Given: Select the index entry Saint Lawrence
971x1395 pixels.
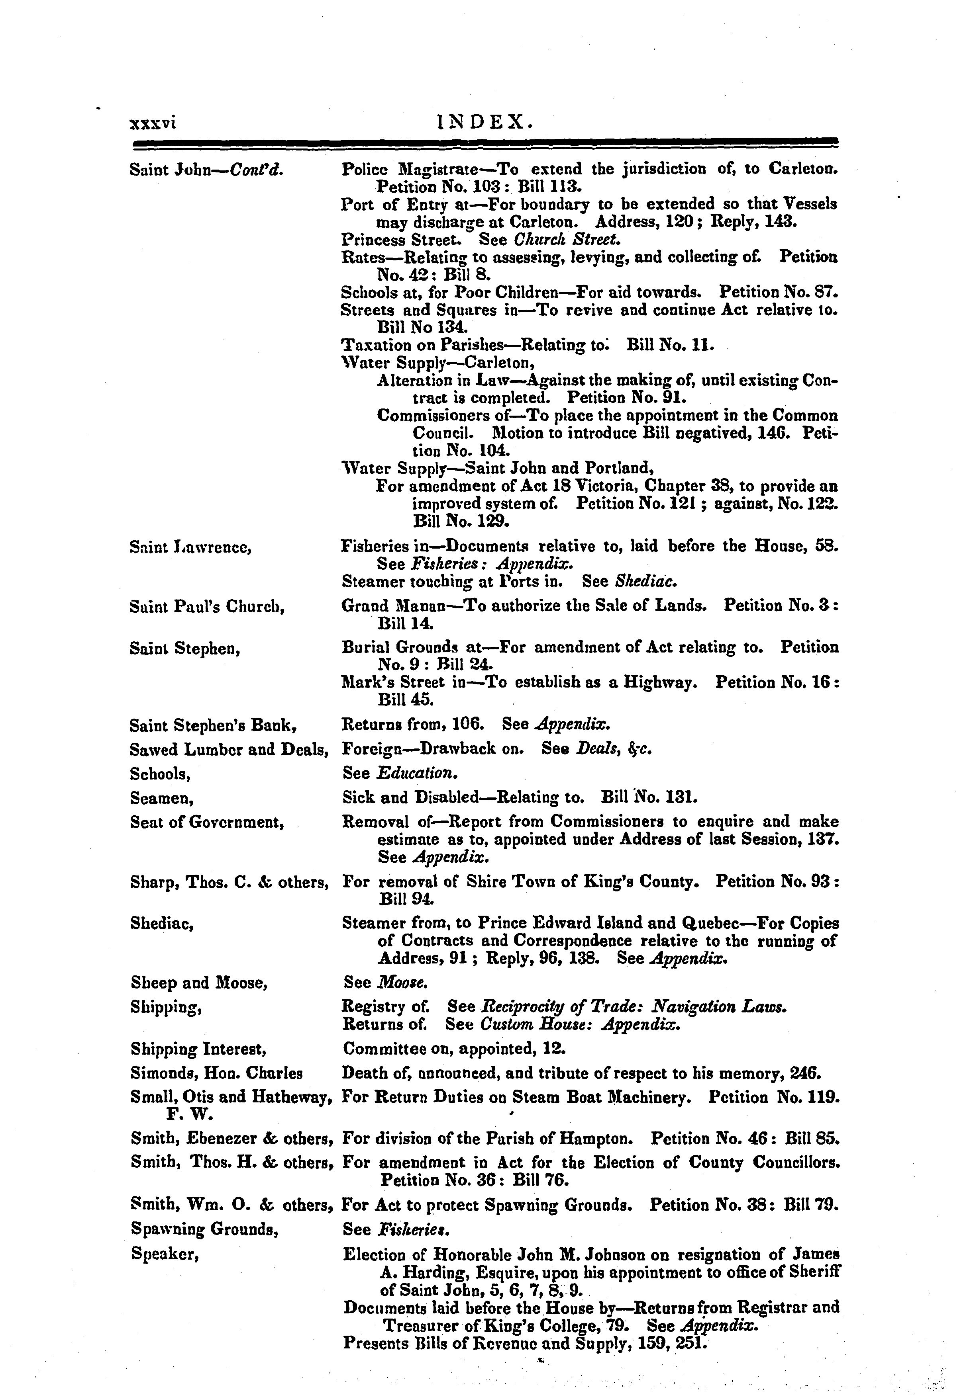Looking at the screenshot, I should (191, 547).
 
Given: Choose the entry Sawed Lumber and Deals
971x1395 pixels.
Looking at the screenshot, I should (229, 750).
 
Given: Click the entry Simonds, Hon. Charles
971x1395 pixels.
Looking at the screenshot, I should (216, 1073).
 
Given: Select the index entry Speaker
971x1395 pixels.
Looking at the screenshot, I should (165, 1253).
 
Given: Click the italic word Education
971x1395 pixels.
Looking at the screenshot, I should (416, 774).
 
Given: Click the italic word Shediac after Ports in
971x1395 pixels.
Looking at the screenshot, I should (646, 582).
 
